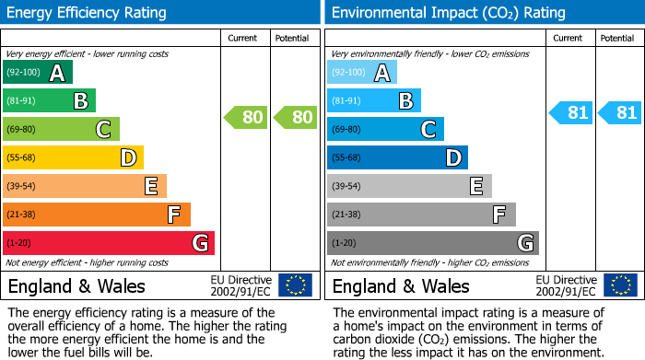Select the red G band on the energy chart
tap(109, 243)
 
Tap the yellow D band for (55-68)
tap(74, 158)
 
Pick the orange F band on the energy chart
tap(97, 215)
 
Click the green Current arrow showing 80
tap(245, 117)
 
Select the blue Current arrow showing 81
tap(569, 113)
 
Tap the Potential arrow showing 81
tap(619, 113)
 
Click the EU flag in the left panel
tap(295, 285)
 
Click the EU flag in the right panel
tap(619, 285)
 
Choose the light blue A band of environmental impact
tap(362, 73)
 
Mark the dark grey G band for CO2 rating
tap(432, 243)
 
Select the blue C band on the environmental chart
tap(385, 130)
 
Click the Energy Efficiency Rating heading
tap(88, 13)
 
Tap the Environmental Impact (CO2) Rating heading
tap(448, 13)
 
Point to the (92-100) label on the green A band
tap(24, 73)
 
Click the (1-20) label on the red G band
tap(18, 243)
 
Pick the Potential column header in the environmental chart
tap(616, 38)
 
